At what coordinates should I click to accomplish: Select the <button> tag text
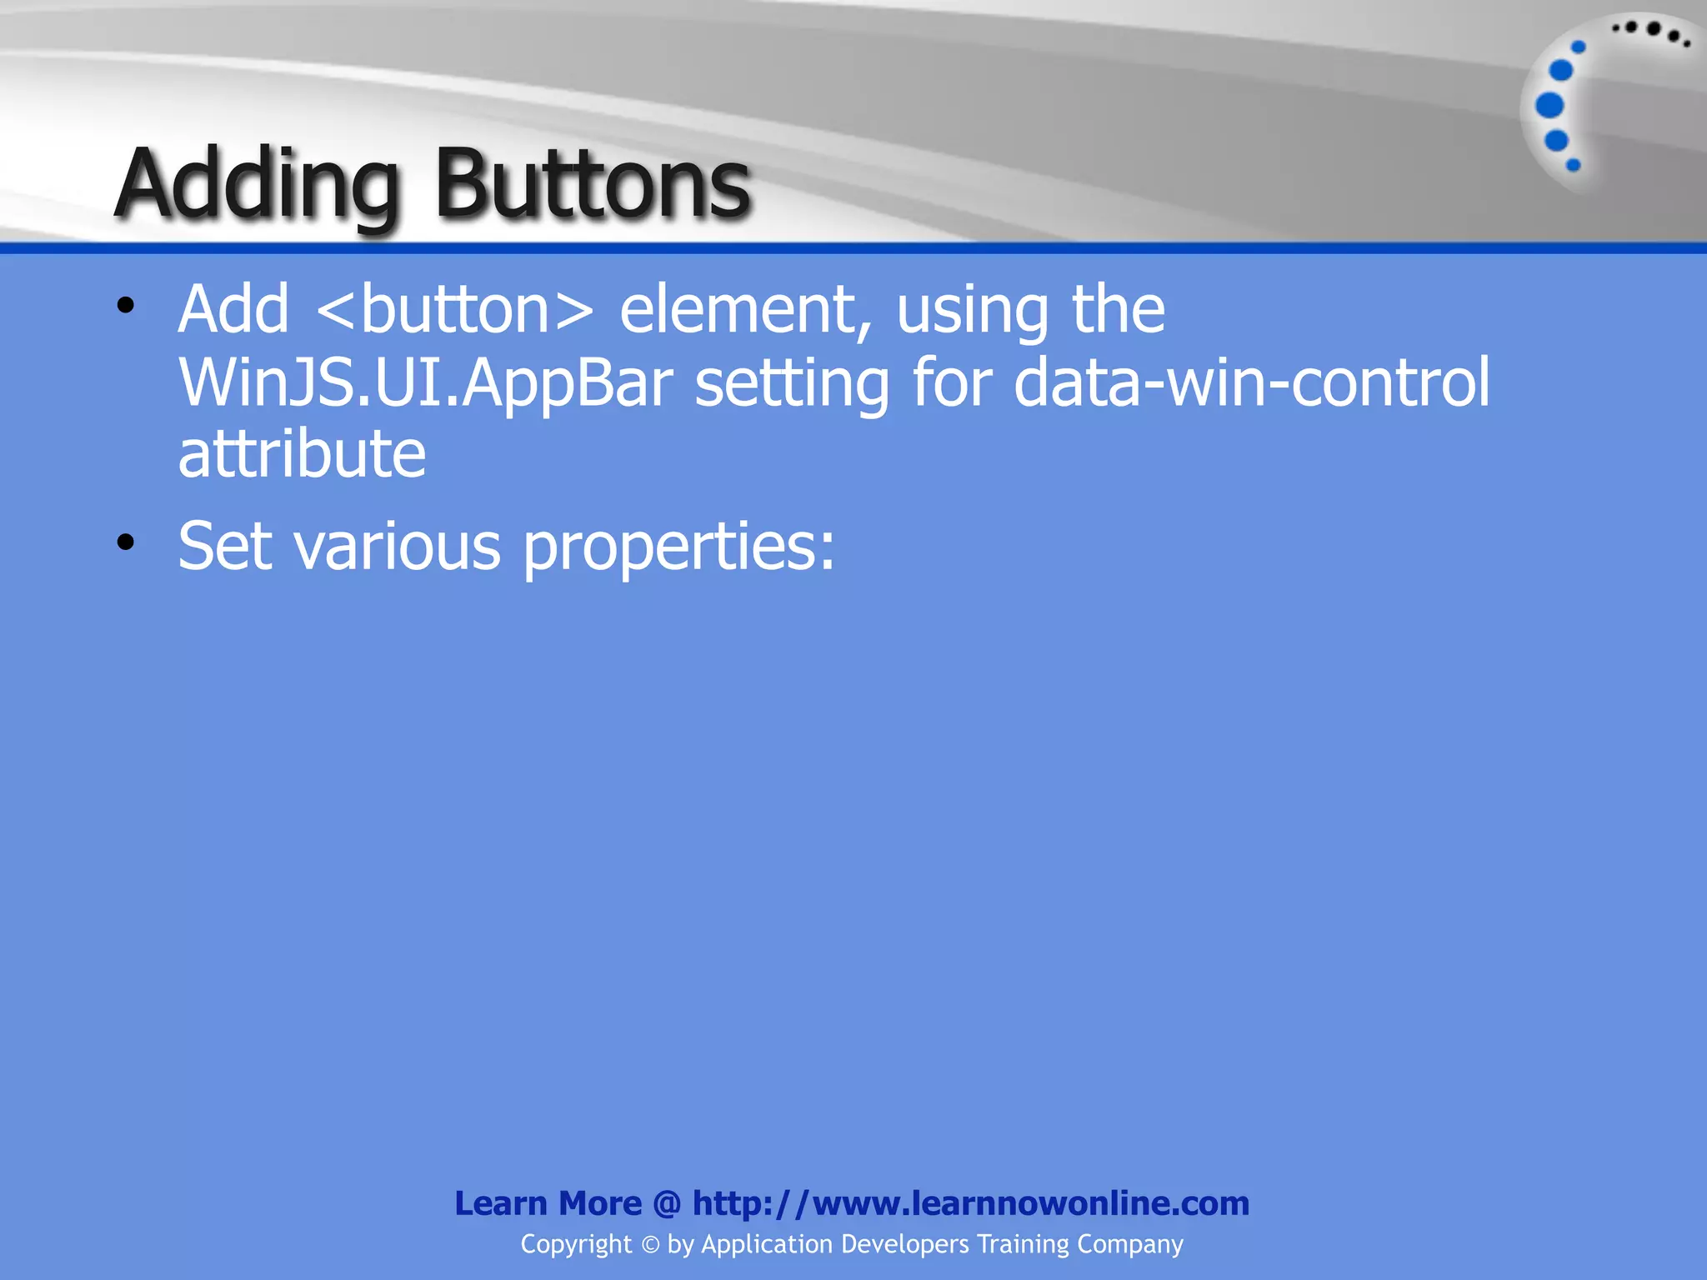(x=455, y=310)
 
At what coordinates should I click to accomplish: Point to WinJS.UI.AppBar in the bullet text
(x=425, y=383)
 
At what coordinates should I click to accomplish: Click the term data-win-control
(x=1251, y=383)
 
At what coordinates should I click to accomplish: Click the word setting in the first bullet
(x=792, y=383)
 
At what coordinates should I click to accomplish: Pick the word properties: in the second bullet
(x=678, y=547)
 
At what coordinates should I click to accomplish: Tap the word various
(x=398, y=547)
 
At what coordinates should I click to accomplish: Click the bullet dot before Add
(x=126, y=306)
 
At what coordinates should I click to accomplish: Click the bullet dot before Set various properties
(x=126, y=543)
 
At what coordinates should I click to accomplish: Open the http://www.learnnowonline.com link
(x=971, y=1203)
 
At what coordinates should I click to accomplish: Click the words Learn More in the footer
(x=548, y=1203)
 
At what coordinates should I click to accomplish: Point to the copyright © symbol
(x=650, y=1245)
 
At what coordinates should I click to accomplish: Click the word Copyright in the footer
(x=576, y=1244)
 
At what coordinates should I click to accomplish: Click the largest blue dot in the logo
(x=1549, y=106)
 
